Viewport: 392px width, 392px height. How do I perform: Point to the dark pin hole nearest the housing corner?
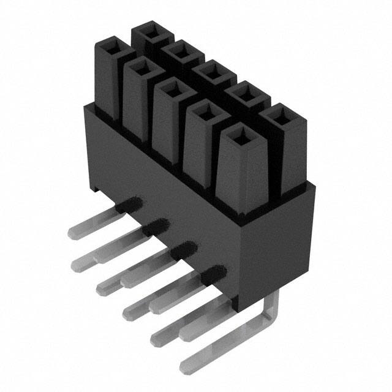point(214,273)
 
